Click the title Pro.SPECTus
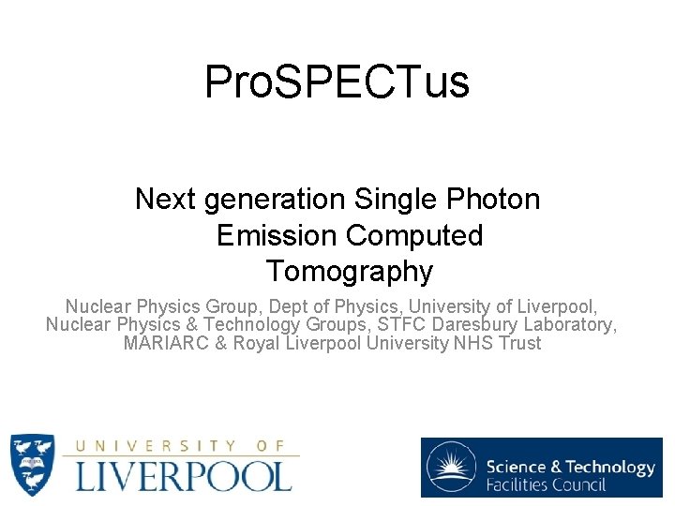337,82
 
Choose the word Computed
413,235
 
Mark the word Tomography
349,272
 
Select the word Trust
519,343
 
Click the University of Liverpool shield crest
32,465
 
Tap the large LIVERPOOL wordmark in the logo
184,475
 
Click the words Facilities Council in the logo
546,484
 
